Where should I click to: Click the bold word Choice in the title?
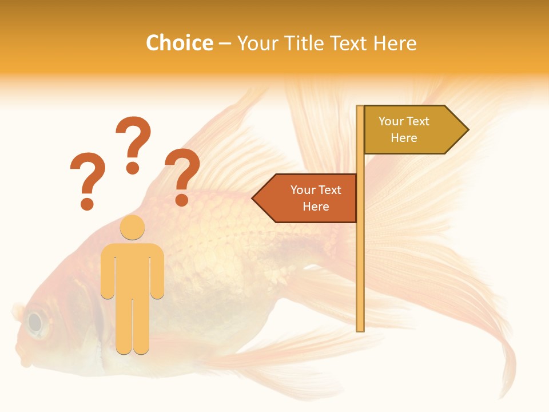coord(179,43)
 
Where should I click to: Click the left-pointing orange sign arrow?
coord(306,198)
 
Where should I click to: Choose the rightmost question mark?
coord(182,175)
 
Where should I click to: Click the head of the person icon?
coord(132,227)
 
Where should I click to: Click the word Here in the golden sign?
coord(404,138)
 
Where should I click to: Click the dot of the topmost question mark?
coord(133,168)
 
